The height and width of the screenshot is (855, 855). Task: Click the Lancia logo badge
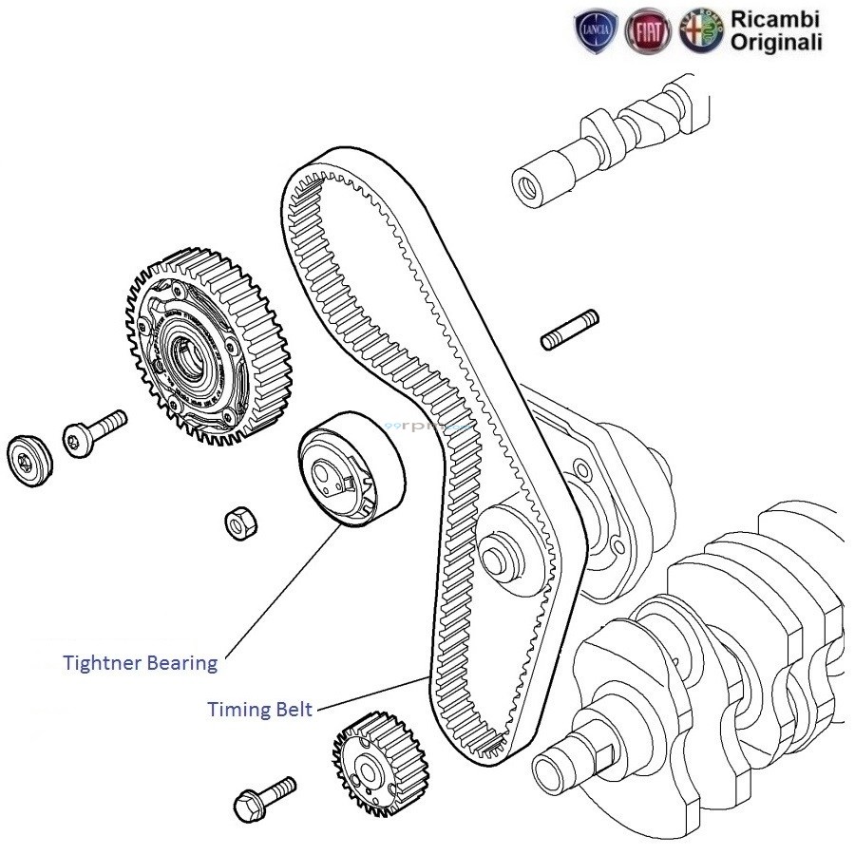coord(598,31)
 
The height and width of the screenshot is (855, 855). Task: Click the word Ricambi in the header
coord(775,19)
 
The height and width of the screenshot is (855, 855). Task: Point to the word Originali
coord(776,42)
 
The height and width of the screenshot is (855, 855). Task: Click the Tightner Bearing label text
coord(140,662)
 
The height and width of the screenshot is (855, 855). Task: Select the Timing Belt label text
coord(259,710)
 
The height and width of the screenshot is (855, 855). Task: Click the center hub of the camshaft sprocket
coord(184,353)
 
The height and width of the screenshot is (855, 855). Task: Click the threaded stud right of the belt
coord(569,329)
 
